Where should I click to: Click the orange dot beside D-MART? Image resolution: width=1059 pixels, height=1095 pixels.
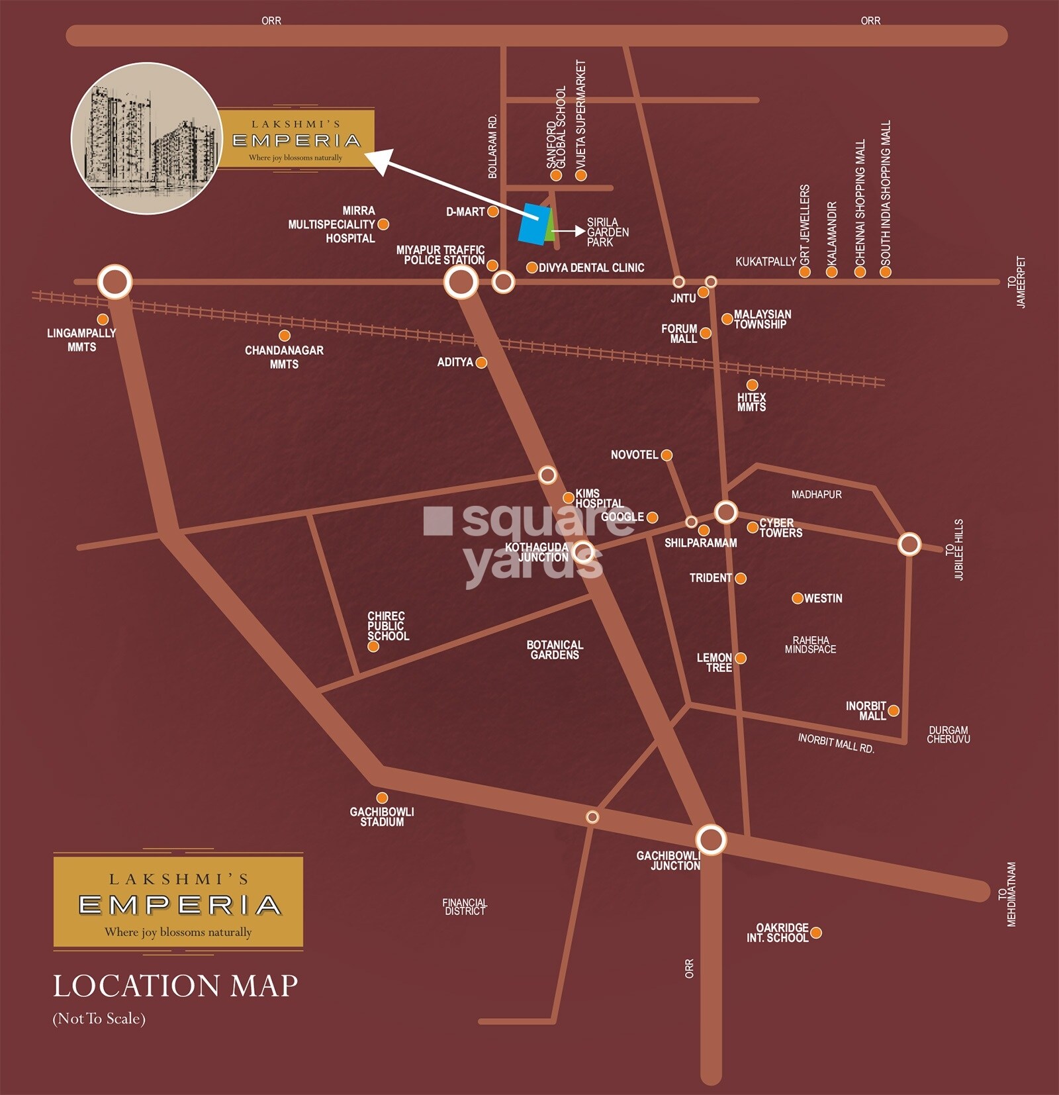tap(492, 212)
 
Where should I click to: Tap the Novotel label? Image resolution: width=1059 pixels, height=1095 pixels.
tap(634, 455)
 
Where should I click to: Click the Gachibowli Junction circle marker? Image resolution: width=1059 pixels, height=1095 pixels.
tap(711, 839)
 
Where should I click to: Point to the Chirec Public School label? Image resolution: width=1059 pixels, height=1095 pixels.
tap(388, 626)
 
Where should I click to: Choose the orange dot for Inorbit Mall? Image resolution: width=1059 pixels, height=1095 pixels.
tap(893, 711)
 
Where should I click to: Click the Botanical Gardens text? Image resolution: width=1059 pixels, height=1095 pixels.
tap(555, 649)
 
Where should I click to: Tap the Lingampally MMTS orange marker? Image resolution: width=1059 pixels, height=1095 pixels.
tap(103, 320)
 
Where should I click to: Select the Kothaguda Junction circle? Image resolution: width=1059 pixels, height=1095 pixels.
tap(583, 551)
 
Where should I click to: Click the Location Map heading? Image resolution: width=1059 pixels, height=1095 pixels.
tap(175, 986)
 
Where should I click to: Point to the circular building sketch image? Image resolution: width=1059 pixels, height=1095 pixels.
tap(146, 138)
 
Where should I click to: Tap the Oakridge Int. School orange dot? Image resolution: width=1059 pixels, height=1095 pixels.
tap(816, 933)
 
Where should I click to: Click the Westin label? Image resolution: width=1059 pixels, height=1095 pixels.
tap(823, 598)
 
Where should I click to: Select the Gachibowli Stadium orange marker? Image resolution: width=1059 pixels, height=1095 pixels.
tap(382, 798)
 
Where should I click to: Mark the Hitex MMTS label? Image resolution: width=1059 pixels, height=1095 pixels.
tap(751, 402)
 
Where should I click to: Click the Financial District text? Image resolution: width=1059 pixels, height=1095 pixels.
tap(465, 907)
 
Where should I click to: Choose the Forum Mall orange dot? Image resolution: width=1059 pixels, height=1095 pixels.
tap(706, 333)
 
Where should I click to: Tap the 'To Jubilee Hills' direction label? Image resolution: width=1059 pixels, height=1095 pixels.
tap(954, 549)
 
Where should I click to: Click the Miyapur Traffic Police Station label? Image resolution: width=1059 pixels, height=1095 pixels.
tap(441, 255)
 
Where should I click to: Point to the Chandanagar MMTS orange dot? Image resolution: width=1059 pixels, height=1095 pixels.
tap(285, 336)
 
